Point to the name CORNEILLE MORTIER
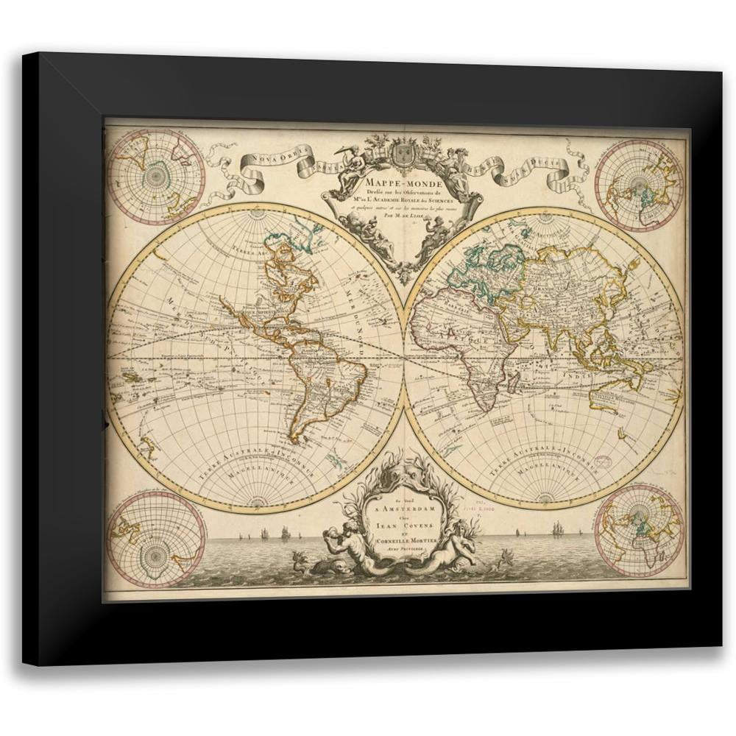400,542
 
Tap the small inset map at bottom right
639,530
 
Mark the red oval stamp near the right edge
604,462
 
